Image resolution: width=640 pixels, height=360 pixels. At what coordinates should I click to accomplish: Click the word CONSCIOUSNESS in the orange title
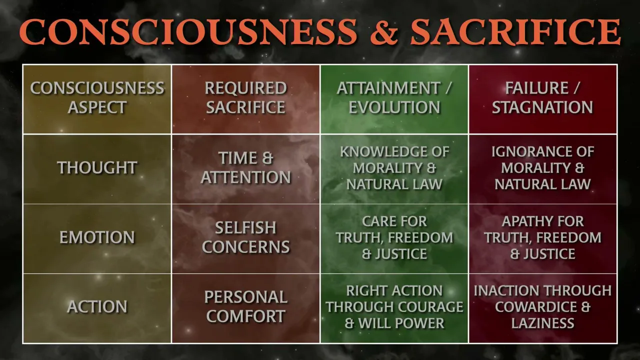[189, 31]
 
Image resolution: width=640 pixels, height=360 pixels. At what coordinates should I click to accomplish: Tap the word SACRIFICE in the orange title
[515, 31]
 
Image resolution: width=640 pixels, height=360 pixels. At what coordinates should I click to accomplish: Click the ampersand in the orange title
[384, 32]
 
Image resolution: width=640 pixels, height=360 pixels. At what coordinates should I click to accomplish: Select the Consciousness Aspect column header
[97, 97]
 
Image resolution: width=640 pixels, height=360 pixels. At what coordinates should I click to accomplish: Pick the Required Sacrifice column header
[245, 97]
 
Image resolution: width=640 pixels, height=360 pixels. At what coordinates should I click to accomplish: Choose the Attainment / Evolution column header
[394, 97]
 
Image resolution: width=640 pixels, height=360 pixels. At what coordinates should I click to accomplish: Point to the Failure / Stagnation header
[542, 97]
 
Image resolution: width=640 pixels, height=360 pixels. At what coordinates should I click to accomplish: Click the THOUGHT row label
[97, 167]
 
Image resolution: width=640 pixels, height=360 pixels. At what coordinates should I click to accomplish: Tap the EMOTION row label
[97, 237]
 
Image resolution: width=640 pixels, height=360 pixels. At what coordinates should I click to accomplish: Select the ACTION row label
[97, 306]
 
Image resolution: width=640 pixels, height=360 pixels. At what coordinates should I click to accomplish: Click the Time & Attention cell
[245, 167]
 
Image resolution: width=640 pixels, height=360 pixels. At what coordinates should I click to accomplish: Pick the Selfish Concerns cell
[245, 237]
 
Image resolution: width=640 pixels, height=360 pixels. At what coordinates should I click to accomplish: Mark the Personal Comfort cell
[245, 306]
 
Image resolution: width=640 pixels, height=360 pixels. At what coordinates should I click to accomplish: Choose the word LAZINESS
[542, 323]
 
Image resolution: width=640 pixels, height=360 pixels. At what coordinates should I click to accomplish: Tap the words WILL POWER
[401, 323]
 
